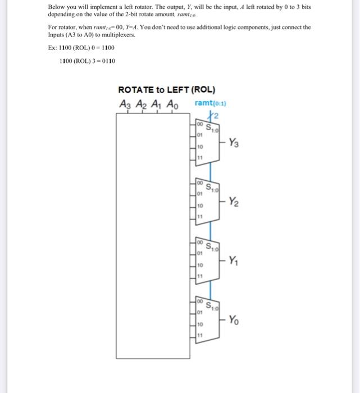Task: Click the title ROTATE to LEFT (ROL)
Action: click(x=166, y=90)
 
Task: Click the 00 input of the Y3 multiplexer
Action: click(x=199, y=124)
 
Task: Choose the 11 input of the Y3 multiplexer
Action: click(x=199, y=158)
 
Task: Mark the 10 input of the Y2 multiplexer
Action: click(x=199, y=206)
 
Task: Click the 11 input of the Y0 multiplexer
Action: click(x=199, y=336)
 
